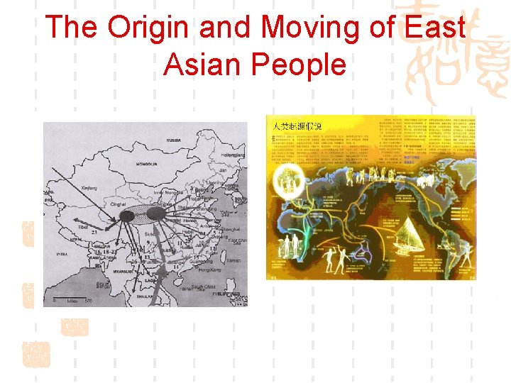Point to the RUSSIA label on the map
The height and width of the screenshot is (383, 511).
[x=173, y=140]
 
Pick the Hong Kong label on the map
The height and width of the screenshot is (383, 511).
[x=210, y=271]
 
